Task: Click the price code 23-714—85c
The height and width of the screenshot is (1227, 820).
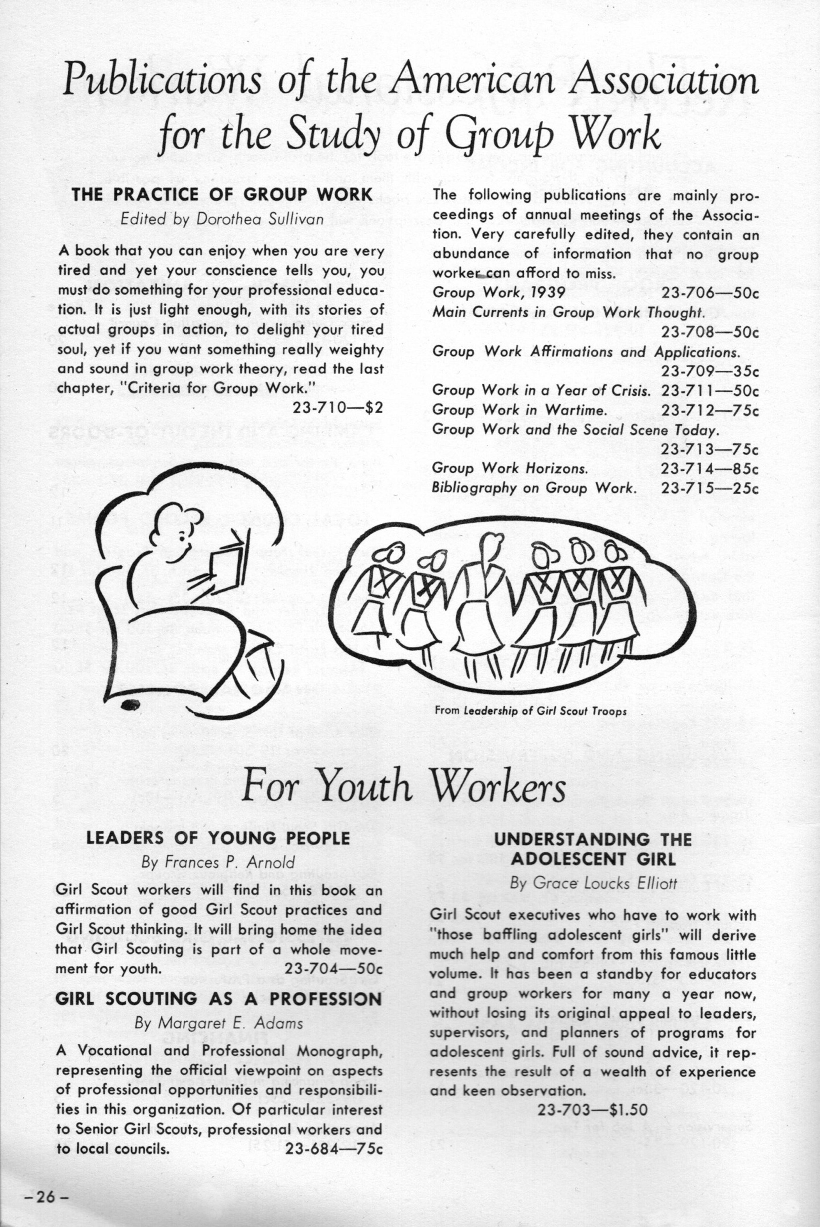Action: [x=709, y=469]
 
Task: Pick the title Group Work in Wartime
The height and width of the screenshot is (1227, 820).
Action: [x=519, y=410]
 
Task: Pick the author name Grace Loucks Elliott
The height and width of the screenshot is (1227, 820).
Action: [x=593, y=883]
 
